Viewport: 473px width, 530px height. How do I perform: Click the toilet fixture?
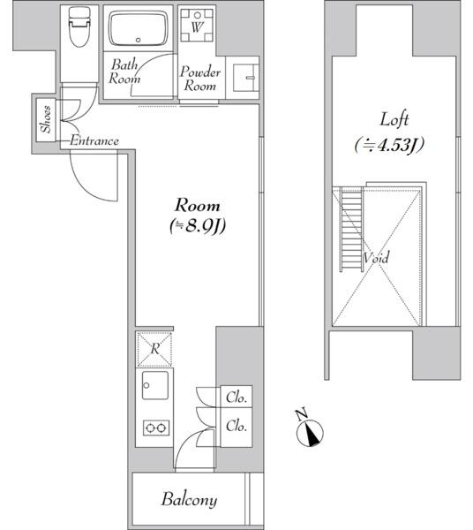coord(79,27)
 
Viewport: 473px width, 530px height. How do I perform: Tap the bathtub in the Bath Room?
coord(138,28)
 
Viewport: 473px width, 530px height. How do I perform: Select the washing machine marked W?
coord(197,25)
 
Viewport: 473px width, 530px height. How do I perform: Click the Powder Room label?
coord(199,79)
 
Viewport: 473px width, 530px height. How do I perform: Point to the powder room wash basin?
coord(246,78)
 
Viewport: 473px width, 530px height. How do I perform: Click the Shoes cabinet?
coord(46,119)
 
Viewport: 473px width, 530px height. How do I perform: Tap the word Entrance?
coord(94,140)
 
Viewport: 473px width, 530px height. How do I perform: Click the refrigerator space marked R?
coord(154,349)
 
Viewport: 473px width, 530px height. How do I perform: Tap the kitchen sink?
coord(155,385)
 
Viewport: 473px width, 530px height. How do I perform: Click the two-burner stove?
coord(155,428)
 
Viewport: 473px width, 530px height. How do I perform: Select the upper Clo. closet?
coord(236,397)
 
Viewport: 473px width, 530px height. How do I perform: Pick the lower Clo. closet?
coord(236,427)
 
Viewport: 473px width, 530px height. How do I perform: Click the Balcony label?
coord(189,500)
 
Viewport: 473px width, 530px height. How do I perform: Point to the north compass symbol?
coord(310,433)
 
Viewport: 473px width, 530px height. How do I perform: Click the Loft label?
coord(394,119)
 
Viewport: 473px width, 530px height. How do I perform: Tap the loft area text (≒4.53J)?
coord(389,146)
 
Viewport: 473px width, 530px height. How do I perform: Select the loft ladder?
coord(351,229)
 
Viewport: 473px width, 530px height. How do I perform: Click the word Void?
coord(376,258)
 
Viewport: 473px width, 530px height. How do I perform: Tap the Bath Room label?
coord(124,72)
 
